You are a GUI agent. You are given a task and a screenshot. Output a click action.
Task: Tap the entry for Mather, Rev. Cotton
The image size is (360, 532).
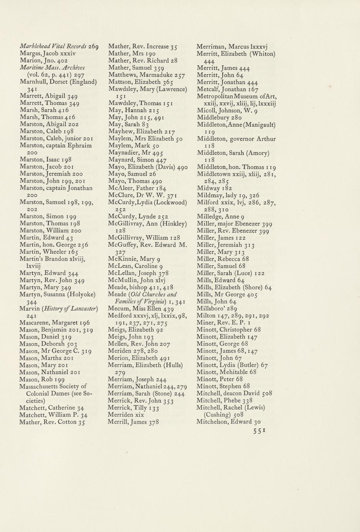pos(52,422)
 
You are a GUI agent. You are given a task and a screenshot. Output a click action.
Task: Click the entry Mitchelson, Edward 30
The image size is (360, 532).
pos(229,422)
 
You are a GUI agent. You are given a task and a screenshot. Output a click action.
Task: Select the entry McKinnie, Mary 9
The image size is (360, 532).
pos(137,259)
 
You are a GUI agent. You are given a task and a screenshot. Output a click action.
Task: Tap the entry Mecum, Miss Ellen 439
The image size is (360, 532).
pos(140,309)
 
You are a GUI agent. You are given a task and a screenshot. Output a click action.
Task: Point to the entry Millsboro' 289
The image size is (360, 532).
pos(217,308)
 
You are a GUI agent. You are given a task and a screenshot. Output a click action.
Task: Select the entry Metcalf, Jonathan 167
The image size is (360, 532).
pos(227,89)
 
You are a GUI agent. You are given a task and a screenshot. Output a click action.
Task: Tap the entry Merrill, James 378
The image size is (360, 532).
pos(133,422)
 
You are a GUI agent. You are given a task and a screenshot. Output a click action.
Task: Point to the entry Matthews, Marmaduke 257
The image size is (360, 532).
pos(147,75)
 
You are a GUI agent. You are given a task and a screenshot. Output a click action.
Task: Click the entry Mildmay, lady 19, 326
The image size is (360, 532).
pos(228,195)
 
